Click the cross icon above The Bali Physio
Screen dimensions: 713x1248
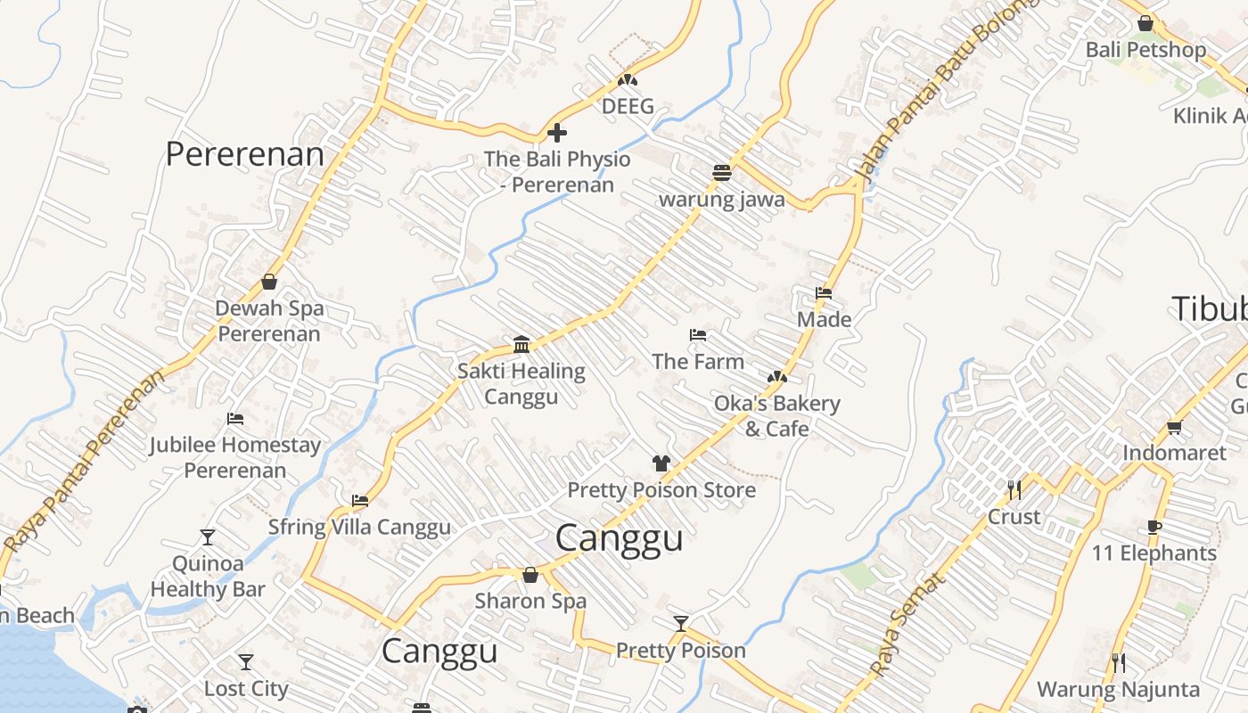(557, 134)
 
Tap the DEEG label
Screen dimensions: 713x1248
(628, 107)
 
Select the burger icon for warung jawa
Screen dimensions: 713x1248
(722, 172)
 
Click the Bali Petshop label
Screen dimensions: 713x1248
(1145, 50)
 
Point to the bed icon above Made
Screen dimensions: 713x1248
(824, 292)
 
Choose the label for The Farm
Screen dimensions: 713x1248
(698, 362)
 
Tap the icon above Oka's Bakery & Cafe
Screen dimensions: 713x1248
(777, 377)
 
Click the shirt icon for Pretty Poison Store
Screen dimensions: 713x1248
(661, 463)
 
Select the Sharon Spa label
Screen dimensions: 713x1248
(530, 601)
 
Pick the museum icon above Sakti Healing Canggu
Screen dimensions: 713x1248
(521, 344)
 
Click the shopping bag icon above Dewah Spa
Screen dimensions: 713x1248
(269, 282)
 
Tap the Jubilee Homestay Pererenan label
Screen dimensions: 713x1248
(235, 457)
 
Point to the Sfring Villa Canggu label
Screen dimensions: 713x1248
(360, 527)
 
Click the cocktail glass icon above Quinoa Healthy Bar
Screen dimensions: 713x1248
(208, 537)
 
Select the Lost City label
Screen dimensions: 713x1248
(246, 689)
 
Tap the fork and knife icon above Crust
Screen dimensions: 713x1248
(1014, 489)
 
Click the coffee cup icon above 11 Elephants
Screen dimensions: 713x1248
(1154, 527)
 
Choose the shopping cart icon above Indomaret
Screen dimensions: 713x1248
(1174, 427)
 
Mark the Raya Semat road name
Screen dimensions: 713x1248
(906, 625)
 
